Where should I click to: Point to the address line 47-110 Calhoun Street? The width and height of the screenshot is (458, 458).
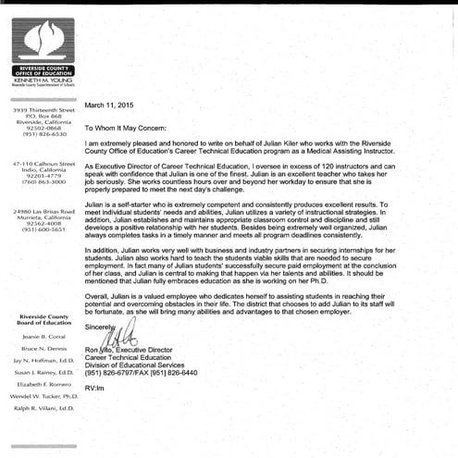coord(43,163)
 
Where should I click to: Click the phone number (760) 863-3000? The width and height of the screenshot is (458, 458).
coord(42,182)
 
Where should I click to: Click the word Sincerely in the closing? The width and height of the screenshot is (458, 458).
coord(100,326)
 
